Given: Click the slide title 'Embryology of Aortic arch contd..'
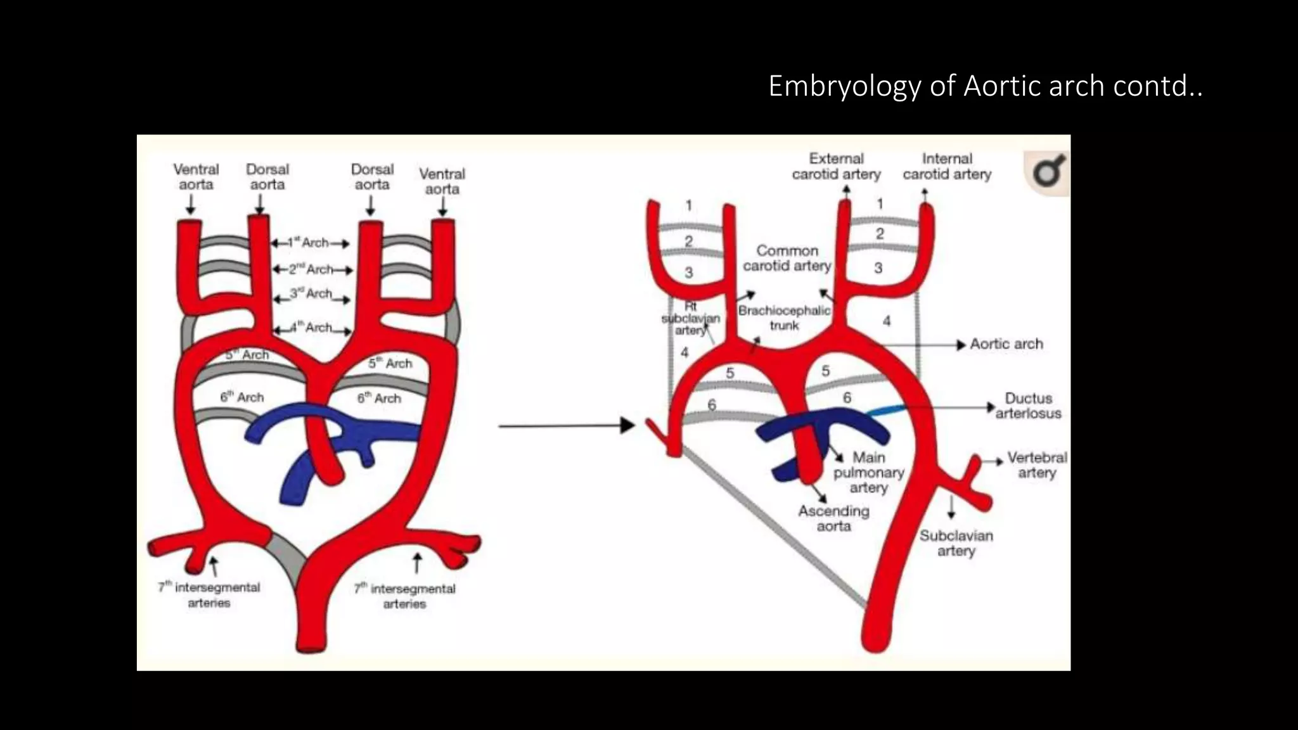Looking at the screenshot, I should coord(985,86).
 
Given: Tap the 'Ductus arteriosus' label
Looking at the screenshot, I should coord(1028,406).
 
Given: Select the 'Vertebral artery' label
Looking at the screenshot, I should coord(1037,465).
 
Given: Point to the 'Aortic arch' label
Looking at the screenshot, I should coord(1006,344).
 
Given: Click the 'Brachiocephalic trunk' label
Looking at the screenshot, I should coord(784,318).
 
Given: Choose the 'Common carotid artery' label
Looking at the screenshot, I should coord(787,259).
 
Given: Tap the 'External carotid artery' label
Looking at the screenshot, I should coord(836,167).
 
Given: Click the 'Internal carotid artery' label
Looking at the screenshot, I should coord(947,167).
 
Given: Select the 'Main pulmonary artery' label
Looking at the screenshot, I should coord(868,473).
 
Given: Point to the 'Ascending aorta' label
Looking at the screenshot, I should coord(833,518).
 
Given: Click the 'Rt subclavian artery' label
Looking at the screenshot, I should coord(690,319).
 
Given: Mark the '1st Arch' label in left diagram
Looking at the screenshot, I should coord(310,243).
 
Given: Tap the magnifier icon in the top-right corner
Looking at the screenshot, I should coord(1046,172).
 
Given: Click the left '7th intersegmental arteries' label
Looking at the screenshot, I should coord(209,595).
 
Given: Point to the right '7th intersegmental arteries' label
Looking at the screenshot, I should coord(404,596).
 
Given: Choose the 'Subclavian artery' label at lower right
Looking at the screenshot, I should coord(956,543).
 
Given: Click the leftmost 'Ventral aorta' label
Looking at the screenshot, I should coord(196,177).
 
